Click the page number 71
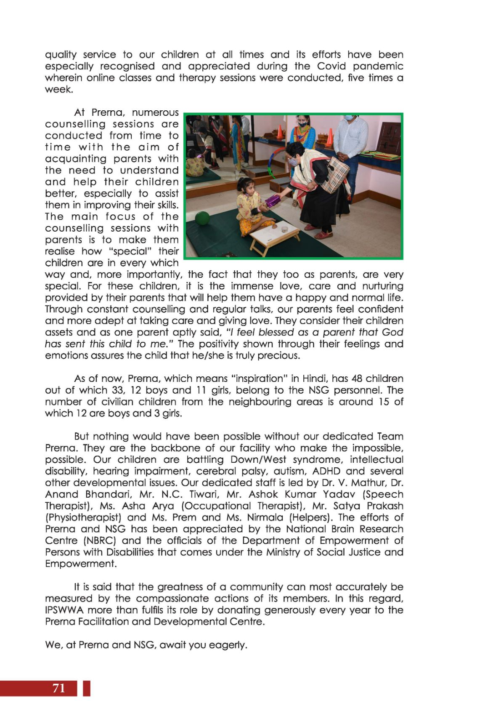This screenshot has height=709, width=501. pyautogui.click(x=59, y=688)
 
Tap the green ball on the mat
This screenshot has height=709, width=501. pyautogui.click(x=203, y=219)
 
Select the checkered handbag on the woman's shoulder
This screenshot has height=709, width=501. pyautogui.click(x=335, y=175)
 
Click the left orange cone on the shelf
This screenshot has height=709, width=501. pyautogui.click(x=280, y=132)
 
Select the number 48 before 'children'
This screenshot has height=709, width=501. pyautogui.click(x=356, y=378)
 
